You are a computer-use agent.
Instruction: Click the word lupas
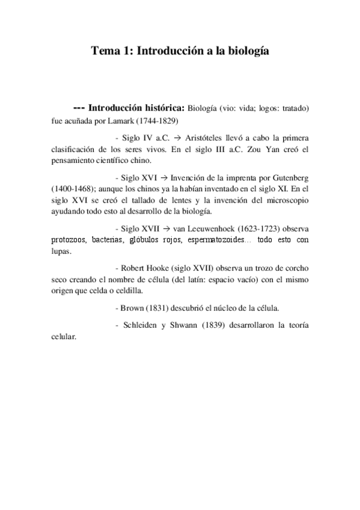coord(61,251)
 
